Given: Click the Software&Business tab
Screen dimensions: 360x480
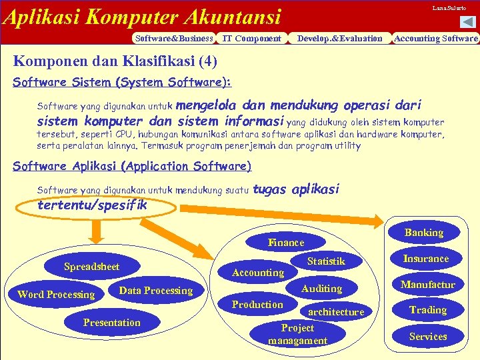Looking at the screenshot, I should click(174, 38).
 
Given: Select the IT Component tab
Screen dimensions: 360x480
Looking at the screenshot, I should click(251, 38).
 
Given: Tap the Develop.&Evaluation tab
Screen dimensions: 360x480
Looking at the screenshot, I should click(339, 38).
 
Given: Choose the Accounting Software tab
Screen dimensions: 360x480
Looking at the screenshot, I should click(436, 38).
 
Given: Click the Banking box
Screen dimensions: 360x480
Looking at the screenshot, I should click(424, 233).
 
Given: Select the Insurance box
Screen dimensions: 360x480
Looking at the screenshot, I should click(426, 259).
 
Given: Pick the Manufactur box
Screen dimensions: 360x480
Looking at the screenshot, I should click(427, 285).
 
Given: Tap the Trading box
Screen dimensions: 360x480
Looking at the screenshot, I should click(427, 310).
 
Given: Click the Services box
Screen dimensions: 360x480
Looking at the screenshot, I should click(427, 336).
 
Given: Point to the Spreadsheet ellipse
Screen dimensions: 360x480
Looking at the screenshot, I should click(91, 267).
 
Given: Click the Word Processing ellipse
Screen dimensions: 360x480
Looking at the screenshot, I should click(56, 294).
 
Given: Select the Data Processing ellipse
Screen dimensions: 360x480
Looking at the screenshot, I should click(155, 291).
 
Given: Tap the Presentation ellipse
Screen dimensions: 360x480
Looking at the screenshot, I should click(111, 323).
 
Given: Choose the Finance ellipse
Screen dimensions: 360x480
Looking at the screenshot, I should click(285, 243).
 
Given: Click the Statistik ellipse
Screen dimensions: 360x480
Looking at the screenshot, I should click(326, 261).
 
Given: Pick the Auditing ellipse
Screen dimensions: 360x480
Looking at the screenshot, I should click(321, 289).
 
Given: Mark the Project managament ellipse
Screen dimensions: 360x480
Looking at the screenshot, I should click(297, 334).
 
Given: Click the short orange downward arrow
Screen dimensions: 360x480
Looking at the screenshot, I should click(97, 230).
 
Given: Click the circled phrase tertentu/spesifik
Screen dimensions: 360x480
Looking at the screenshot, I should click(93, 205).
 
